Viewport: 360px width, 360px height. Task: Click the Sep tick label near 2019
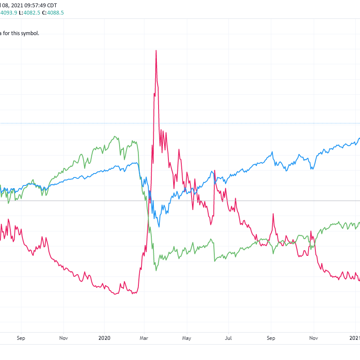click(x=21, y=338)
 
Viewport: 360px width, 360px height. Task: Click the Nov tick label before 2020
click(x=63, y=338)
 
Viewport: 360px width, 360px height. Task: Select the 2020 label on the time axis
click(x=105, y=338)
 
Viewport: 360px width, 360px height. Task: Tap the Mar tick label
click(x=144, y=338)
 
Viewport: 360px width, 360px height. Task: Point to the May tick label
click(x=186, y=338)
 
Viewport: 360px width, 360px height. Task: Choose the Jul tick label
click(x=228, y=338)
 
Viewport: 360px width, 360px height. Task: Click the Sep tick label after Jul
click(x=271, y=338)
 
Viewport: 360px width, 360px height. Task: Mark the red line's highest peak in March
click(x=156, y=51)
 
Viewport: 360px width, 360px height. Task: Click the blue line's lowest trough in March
click(x=158, y=227)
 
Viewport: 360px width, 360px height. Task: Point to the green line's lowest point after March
click(x=156, y=270)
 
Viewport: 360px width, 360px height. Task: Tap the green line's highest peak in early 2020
click(x=115, y=137)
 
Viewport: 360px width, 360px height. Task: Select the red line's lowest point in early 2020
click(x=115, y=294)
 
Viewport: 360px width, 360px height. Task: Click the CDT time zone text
click(x=51, y=5)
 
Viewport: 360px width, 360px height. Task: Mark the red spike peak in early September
click(x=271, y=214)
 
